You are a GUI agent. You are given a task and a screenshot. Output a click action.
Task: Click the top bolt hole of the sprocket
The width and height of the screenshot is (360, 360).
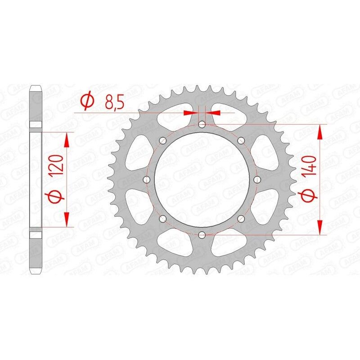point(202,124)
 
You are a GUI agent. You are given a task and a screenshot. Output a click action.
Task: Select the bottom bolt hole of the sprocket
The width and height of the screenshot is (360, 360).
point(202,234)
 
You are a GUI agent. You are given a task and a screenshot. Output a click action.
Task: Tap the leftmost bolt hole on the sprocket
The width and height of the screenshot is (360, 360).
point(146,180)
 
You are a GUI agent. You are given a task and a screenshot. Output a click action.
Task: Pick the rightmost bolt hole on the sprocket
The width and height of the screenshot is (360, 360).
point(257,180)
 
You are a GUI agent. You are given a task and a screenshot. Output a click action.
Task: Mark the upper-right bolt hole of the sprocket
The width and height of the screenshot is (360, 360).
point(241,140)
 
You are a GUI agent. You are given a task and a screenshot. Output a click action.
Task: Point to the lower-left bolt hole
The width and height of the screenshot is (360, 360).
point(162,219)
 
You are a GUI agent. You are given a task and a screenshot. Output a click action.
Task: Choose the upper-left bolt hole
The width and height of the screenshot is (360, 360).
point(162,140)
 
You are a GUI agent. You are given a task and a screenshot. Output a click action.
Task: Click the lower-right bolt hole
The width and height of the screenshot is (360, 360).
point(241,219)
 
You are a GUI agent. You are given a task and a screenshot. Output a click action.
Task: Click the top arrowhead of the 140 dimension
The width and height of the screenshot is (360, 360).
point(320,131)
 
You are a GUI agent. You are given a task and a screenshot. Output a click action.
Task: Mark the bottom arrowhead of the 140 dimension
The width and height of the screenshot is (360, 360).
point(320,227)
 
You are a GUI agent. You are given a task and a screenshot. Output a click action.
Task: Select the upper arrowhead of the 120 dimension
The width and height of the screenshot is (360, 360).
point(67,139)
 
